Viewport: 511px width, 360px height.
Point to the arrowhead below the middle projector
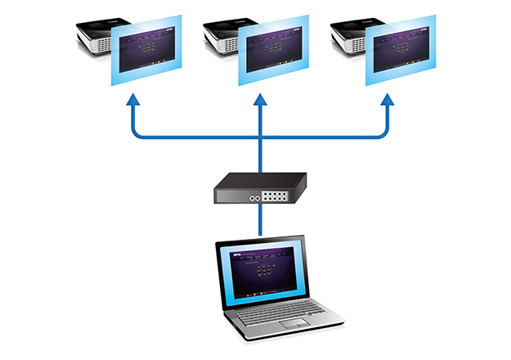click(x=259, y=103)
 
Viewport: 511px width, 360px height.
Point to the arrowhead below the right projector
click(x=387, y=103)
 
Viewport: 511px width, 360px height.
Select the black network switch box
click(x=260, y=187)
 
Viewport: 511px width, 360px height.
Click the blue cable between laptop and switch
click(x=260, y=223)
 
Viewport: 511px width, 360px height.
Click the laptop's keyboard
click(x=281, y=315)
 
